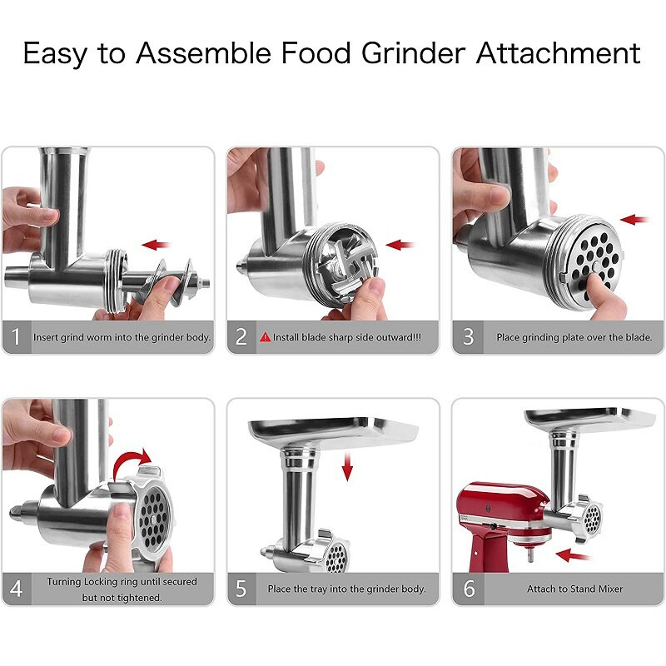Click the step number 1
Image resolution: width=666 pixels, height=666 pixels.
[x=16, y=337]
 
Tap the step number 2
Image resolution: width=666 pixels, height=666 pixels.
[x=241, y=337]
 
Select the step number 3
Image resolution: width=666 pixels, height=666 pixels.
[x=469, y=337]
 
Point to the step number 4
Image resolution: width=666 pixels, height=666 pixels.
[x=16, y=589]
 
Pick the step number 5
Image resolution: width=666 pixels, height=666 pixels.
[x=241, y=589]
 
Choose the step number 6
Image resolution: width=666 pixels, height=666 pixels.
[x=469, y=589]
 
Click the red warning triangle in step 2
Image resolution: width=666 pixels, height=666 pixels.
[x=266, y=337]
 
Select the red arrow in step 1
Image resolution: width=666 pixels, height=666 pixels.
[x=156, y=245]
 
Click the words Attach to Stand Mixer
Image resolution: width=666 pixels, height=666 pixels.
[x=574, y=589]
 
